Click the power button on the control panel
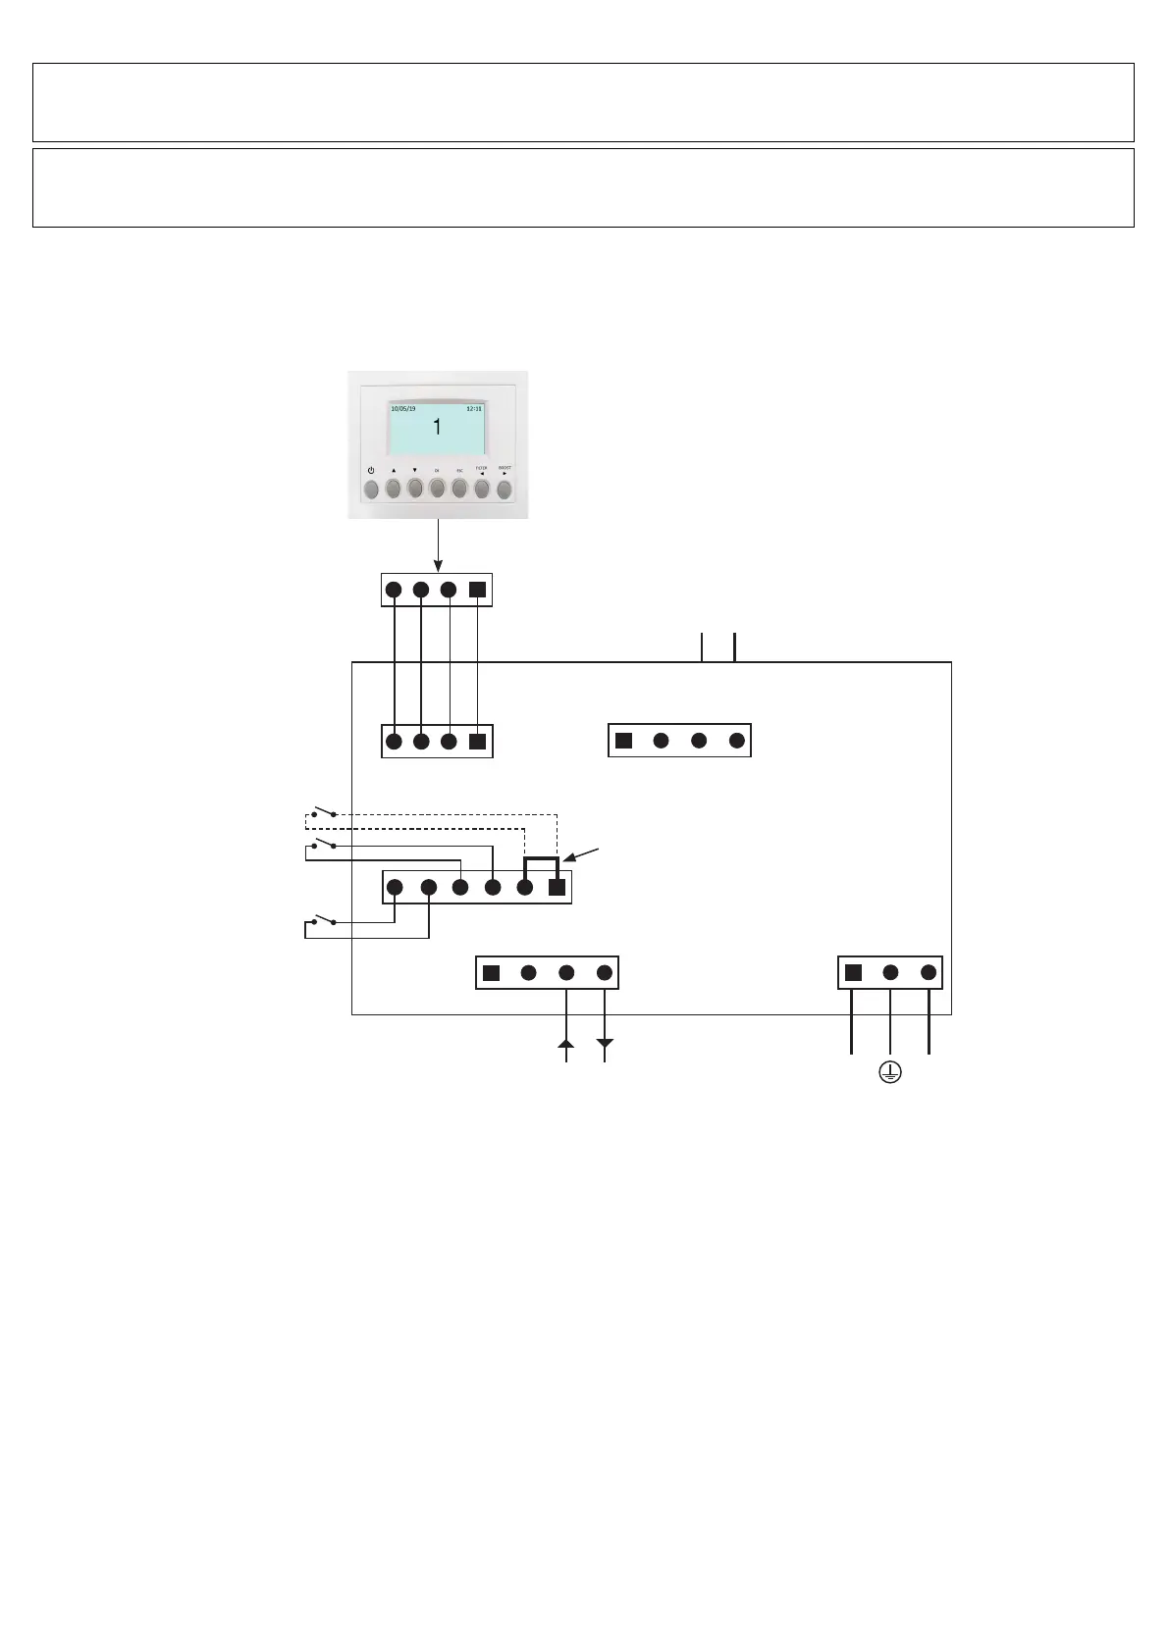(371, 489)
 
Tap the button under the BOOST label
(505, 489)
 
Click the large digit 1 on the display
(438, 428)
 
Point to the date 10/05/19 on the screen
(403, 407)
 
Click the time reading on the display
(474, 407)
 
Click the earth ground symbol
(889, 1073)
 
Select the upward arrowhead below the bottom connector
(566, 1044)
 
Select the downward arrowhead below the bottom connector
(605, 1044)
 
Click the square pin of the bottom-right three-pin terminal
(853, 973)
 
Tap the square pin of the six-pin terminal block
(557, 888)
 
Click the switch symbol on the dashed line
(324, 813)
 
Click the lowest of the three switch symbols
(324, 921)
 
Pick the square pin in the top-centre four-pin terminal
(623, 741)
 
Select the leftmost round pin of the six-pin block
(395, 888)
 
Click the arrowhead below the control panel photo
(438, 565)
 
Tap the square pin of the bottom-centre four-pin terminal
(492, 973)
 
